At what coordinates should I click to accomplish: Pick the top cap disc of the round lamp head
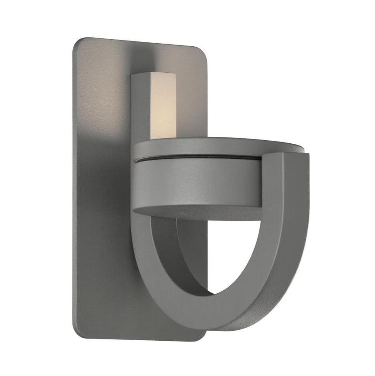(x=218, y=146)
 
